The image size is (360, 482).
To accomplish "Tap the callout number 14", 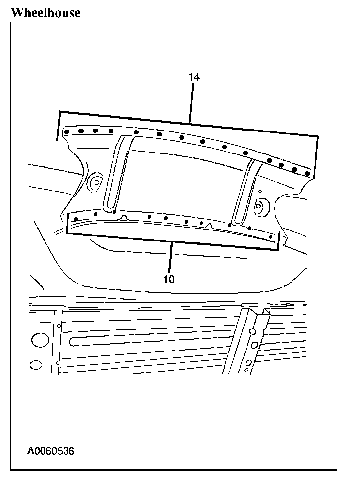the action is (194, 77).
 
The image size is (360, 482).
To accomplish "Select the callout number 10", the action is (169, 280).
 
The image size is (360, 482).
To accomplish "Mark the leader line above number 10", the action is (171, 257).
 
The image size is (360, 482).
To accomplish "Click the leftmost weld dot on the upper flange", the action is (67, 131).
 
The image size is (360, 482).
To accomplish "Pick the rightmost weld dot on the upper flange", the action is (307, 174).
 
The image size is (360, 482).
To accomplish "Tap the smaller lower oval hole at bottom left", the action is (35, 365).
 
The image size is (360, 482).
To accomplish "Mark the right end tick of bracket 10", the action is (278, 241).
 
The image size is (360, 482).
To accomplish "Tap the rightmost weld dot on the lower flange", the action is (271, 236).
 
